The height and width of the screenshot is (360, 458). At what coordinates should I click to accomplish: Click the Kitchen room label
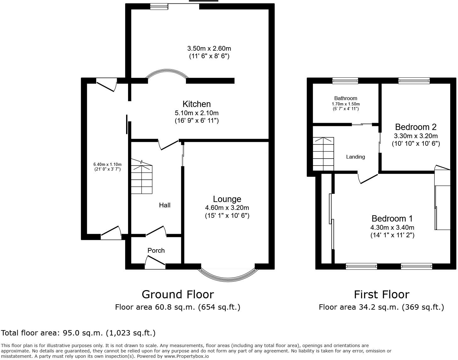click(x=197, y=104)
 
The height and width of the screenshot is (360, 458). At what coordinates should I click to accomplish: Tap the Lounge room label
click(x=227, y=199)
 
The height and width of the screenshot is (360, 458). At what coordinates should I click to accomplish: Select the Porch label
click(x=156, y=250)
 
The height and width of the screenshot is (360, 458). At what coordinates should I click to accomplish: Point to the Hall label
click(x=165, y=205)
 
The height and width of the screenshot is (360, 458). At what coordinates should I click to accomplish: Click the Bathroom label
click(x=346, y=98)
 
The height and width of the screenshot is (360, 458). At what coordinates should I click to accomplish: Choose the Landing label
click(x=355, y=157)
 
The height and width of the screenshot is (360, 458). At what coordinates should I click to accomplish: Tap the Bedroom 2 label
click(x=416, y=127)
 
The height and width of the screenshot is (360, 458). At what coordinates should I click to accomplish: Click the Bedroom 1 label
click(x=392, y=219)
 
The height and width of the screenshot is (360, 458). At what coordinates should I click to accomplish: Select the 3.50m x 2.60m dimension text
click(x=209, y=49)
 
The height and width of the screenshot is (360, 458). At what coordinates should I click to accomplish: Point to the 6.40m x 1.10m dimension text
click(x=107, y=165)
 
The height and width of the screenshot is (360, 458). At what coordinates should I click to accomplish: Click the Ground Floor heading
click(x=178, y=295)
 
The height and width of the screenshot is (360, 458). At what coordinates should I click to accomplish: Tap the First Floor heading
click(x=382, y=295)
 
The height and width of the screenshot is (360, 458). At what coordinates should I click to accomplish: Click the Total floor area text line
click(x=78, y=333)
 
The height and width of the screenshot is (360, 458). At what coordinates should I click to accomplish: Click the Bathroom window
click(x=345, y=81)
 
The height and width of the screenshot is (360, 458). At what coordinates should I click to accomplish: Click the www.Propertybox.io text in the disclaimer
click(x=186, y=356)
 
